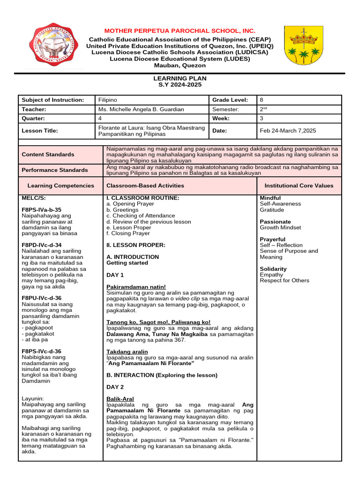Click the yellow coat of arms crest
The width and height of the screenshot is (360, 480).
tap(303, 45)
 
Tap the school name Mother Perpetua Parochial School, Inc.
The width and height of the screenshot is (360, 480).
tap(180, 30)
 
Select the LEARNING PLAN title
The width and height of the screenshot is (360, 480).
tap(180, 78)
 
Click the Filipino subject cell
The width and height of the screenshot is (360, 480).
tap(108, 100)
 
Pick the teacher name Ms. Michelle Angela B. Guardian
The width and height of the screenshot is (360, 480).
tap(141, 109)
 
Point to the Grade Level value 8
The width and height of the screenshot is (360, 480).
tap(262, 100)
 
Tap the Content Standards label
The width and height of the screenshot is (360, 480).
tap(48, 154)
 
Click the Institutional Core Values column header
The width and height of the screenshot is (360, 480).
tap(299, 186)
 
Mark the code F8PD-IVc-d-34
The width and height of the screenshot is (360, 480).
tap(42, 245)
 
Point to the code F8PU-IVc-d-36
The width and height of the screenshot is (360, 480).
tap(42, 298)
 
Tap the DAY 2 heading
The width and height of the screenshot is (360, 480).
tap(115, 387)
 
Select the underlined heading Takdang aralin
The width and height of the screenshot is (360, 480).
tap(127, 352)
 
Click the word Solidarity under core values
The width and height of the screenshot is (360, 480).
tap(273, 269)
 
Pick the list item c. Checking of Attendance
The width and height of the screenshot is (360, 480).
tap(141, 216)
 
